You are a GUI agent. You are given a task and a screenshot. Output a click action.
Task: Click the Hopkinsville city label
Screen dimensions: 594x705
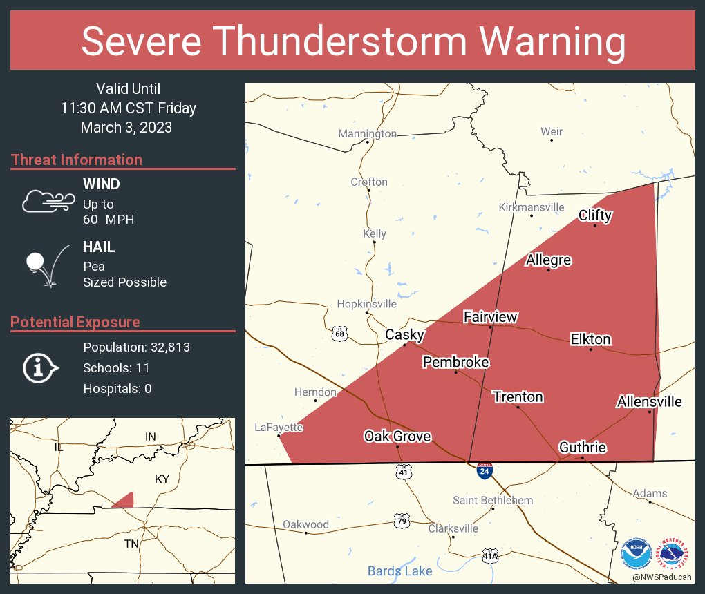(366, 304)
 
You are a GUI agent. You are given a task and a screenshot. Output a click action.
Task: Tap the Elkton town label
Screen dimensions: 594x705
(590, 339)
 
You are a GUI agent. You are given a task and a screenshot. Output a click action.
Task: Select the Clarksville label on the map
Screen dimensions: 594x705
(453, 528)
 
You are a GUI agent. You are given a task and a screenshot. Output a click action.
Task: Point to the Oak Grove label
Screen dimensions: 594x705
(397, 436)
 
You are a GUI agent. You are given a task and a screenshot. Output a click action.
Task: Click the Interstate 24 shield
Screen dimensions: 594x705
(485, 472)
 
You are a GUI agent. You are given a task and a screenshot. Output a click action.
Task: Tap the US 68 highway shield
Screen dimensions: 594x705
(339, 334)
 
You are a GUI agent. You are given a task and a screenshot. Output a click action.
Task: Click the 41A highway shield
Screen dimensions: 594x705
(490, 555)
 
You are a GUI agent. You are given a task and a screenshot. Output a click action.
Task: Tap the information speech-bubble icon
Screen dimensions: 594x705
(41, 368)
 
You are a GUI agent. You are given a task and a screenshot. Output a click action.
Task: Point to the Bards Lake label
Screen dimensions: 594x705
(399, 571)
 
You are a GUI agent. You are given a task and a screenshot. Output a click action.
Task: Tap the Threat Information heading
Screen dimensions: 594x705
(77, 160)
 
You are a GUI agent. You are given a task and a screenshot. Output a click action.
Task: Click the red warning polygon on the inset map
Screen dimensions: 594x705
(125, 501)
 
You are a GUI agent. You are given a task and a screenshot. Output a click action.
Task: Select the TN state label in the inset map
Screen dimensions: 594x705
(131, 544)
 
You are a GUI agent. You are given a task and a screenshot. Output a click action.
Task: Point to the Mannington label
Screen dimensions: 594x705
(367, 133)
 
